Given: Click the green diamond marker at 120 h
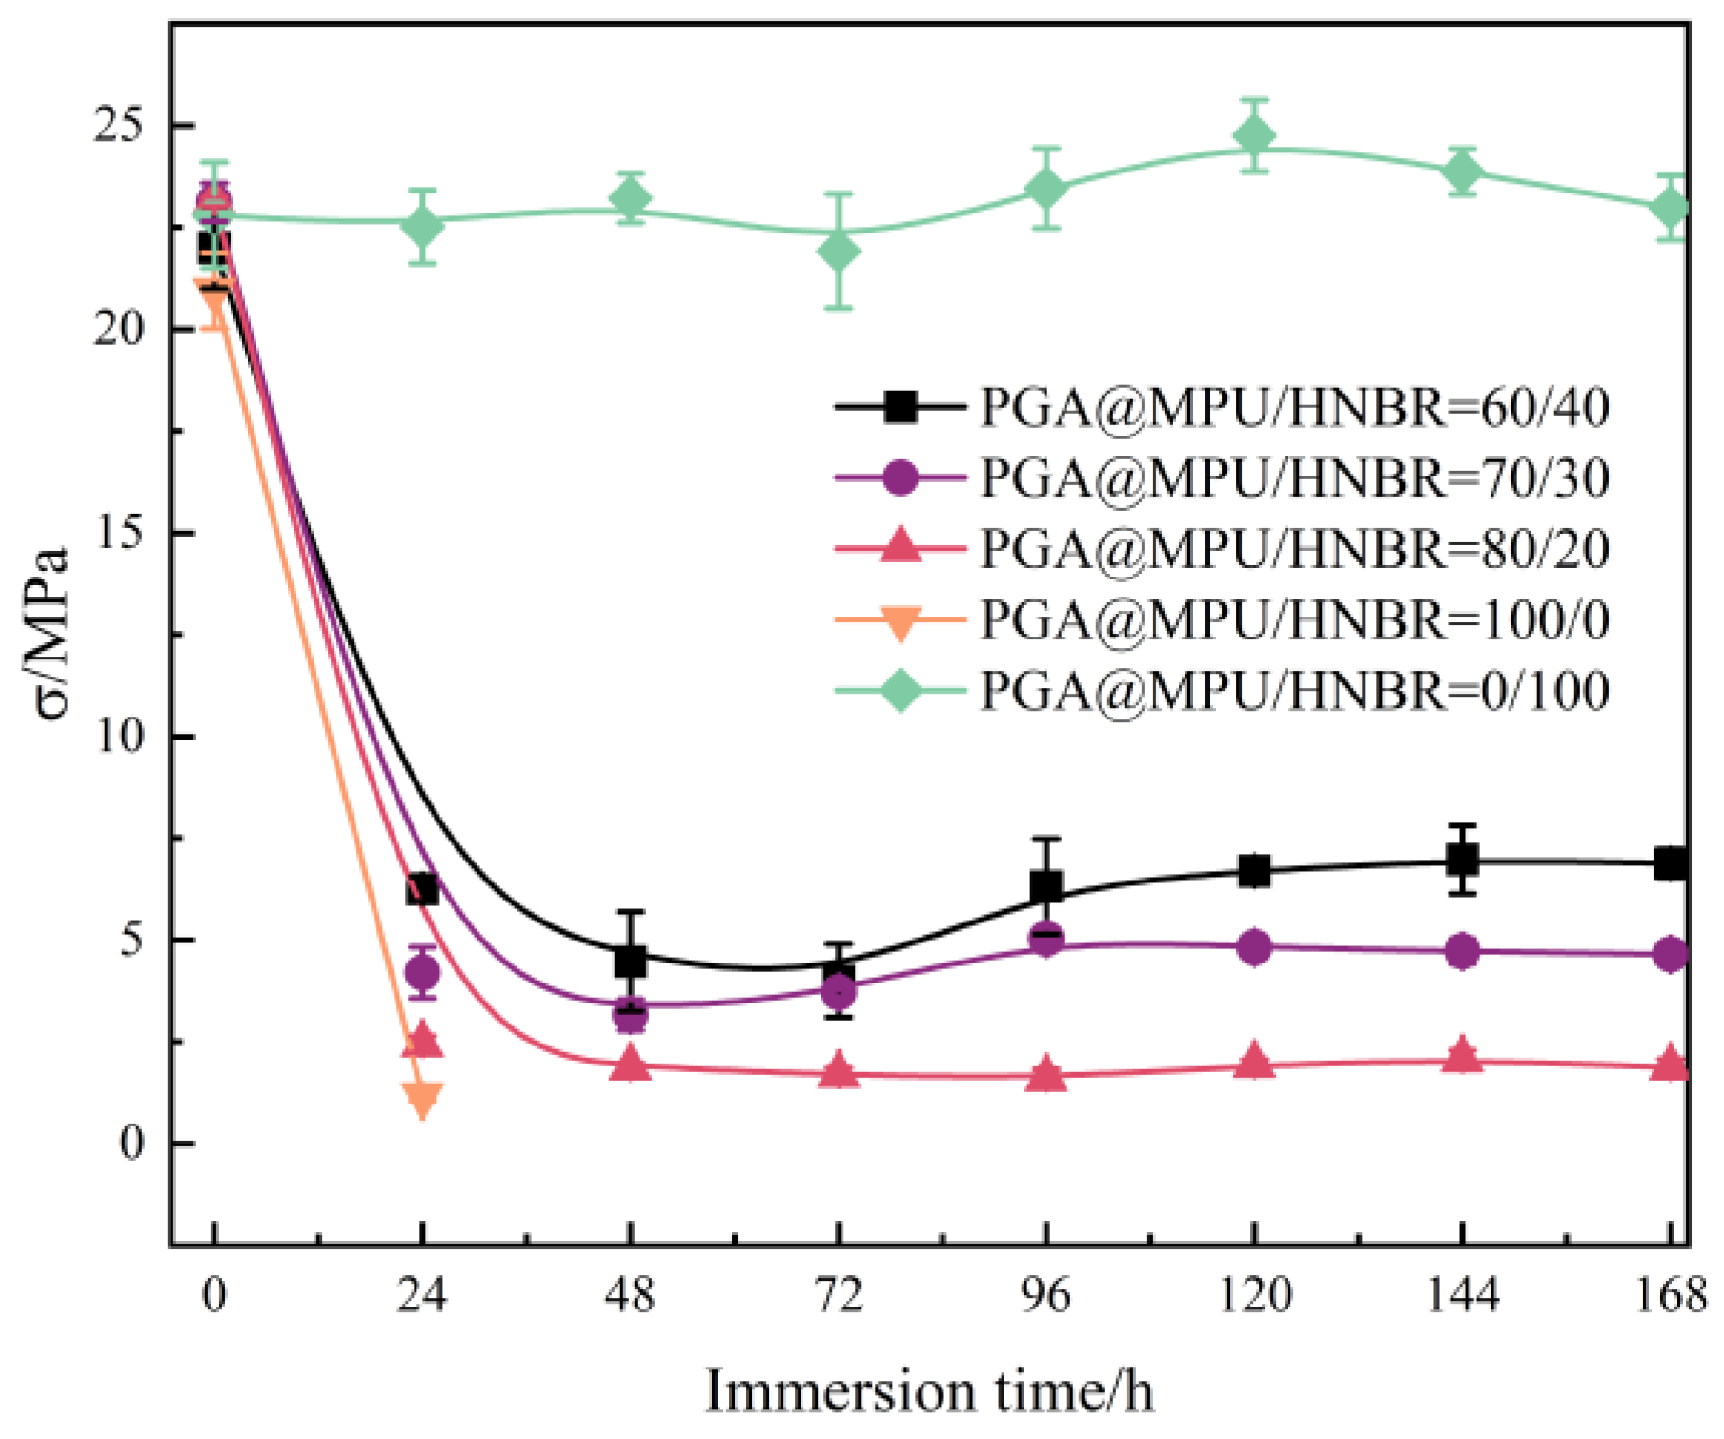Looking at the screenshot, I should click(x=1254, y=136).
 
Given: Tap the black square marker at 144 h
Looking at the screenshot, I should click(x=1462, y=861).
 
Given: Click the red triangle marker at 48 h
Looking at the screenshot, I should click(x=630, y=1064).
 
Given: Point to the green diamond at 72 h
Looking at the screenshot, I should click(x=839, y=251).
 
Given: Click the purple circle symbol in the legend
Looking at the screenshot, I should click(x=900, y=477).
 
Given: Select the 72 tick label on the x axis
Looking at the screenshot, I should click(x=839, y=1296).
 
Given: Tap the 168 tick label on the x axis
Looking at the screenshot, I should click(x=1670, y=1296).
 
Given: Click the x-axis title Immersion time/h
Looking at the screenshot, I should click(x=929, y=1390).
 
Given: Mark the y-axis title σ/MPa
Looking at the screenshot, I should click(x=52, y=634).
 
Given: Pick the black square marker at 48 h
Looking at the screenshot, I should click(x=630, y=961).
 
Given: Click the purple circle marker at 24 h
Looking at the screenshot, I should click(x=422, y=973).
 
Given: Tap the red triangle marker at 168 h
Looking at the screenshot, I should click(x=1670, y=1064).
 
